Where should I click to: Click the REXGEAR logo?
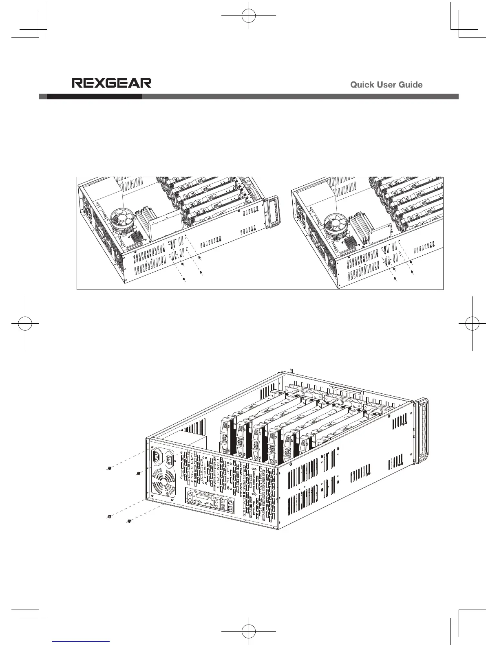pos(111,83)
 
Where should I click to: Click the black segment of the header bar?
pos(94,97)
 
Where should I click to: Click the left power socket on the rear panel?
pos(157,458)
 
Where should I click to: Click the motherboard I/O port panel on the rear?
pos(210,502)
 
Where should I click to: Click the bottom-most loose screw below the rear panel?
pos(129,521)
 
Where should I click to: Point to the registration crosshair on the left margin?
pos(25,323)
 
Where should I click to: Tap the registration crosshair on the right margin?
pos(472,323)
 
